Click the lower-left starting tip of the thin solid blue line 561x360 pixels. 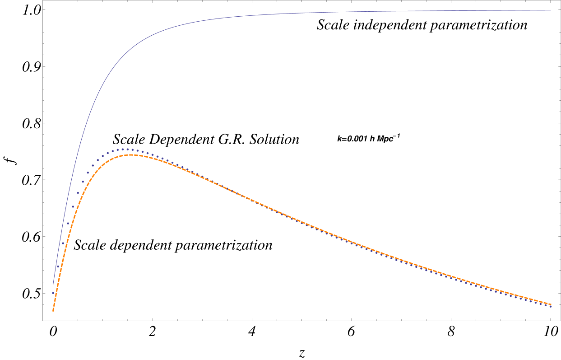click(x=53, y=285)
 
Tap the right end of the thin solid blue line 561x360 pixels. click(x=551, y=10)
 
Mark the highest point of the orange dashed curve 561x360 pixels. click(x=131, y=155)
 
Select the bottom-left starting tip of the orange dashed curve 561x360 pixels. click(x=53, y=311)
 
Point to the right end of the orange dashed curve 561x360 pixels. click(x=551, y=304)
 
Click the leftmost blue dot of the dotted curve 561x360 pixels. click(x=53, y=293)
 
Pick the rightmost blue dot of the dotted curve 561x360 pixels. click(x=551, y=306)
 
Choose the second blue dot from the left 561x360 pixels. click(x=58, y=266)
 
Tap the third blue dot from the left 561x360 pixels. click(x=63, y=243)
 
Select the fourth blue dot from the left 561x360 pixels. click(x=68, y=223)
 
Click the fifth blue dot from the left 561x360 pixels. click(x=73, y=207)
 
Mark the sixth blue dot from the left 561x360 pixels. click(x=78, y=193)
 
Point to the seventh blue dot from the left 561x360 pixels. click(x=83, y=182)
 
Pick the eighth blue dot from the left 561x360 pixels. click(x=88, y=173)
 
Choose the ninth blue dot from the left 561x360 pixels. click(x=93, y=165)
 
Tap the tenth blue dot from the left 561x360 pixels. click(x=97, y=160)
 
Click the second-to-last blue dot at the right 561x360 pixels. click(x=546, y=305)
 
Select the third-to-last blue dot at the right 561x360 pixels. click(x=541, y=304)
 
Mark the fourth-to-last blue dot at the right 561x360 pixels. click(x=536, y=302)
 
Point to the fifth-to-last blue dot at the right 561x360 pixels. click(x=531, y=301)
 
